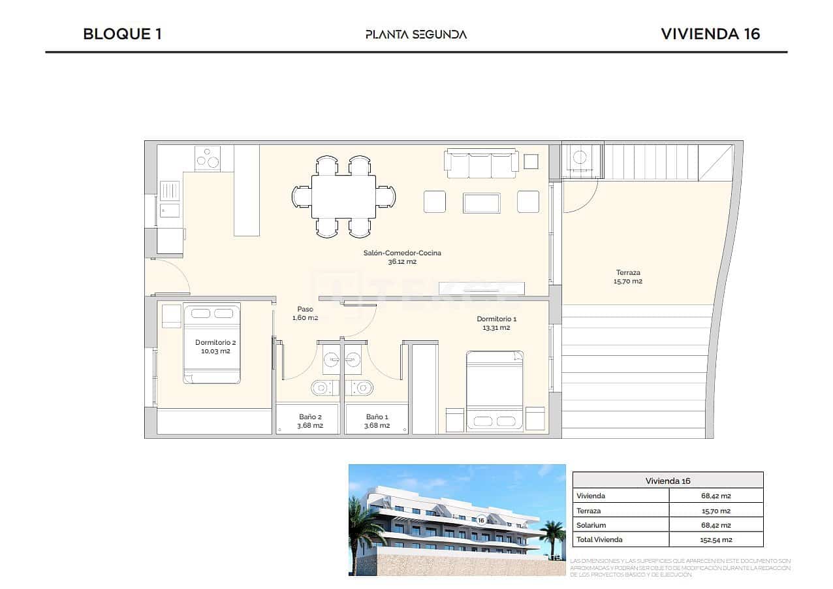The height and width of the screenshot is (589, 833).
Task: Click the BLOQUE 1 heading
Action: [122, 34]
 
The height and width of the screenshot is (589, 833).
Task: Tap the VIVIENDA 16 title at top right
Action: [710, 34]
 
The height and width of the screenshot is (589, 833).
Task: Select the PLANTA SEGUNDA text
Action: [416, 35]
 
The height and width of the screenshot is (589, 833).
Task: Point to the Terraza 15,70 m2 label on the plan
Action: [628, 277]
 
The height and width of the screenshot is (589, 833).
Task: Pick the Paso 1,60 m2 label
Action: [305, 313]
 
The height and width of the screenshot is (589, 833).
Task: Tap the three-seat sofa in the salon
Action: [482, 164]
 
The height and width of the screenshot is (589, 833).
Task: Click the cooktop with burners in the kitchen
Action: [208, 159]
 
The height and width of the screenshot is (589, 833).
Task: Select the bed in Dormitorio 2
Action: [212, 343]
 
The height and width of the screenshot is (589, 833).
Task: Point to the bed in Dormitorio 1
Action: [495, 390]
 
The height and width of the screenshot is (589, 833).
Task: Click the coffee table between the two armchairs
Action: [481, 203]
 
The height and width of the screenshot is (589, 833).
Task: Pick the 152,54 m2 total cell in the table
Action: [715, 539]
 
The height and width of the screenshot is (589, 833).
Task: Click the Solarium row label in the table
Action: [591, 525]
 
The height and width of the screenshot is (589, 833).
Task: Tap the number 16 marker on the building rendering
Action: [481, 520]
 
